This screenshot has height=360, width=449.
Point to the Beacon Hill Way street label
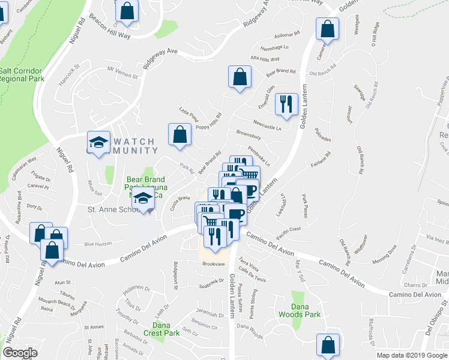coord(111,36)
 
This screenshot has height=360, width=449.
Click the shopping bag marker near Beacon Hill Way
coord(127,11)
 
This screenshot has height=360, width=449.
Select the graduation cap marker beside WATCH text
coord(98,143)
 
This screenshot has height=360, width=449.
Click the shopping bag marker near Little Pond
coord(179,135)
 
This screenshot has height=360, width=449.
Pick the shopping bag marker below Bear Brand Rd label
coord(240,77)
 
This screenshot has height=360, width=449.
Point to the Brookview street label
coord(213,263)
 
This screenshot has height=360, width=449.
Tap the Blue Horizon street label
coord(98,244)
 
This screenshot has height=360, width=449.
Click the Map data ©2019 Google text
coord(411,355)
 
